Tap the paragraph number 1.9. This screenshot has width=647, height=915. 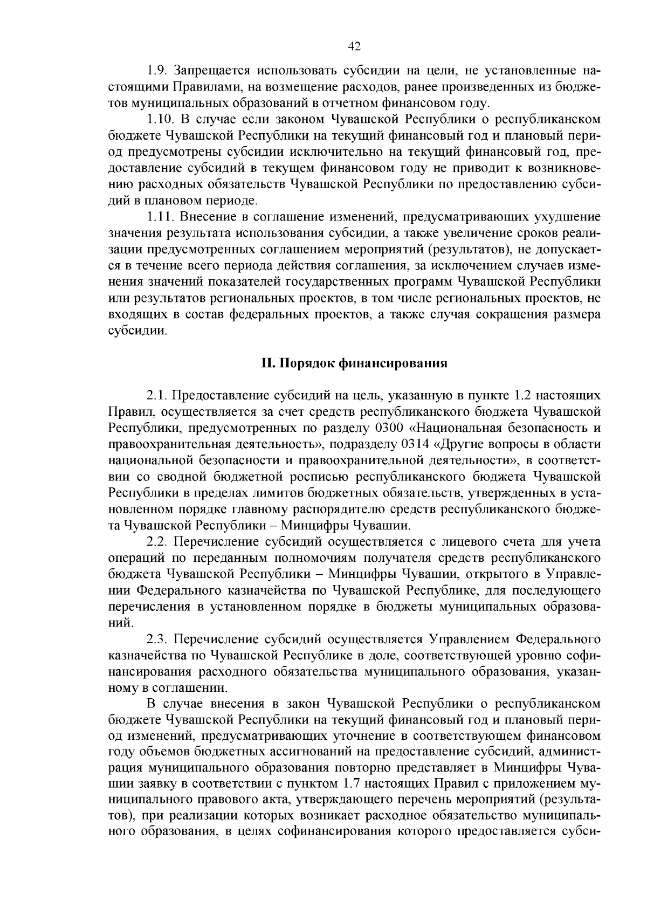[158, 71]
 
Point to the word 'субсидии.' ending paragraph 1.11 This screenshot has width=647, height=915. [137, 330]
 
